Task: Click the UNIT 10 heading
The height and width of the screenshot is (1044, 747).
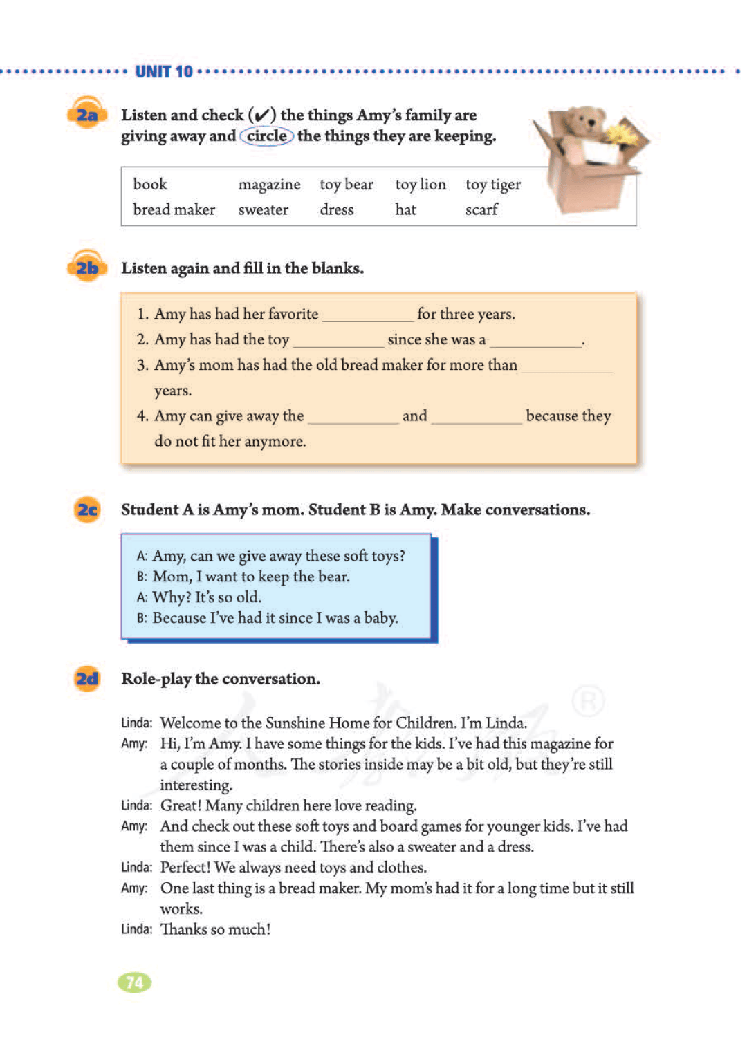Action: point(164,72)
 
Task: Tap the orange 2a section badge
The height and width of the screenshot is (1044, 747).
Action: point(87,115)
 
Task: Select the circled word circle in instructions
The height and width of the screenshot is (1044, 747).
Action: point(267,136)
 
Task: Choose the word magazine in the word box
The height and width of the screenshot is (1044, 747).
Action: point(269,185)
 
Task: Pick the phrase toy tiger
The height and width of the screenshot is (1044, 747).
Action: point(492,185)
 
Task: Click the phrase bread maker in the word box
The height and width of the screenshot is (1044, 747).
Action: point(174,209)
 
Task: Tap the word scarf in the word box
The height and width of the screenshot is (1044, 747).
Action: point(481,209)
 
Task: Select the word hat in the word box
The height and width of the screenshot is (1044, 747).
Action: point(405,209)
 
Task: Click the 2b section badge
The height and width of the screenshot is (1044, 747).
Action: point(87,268)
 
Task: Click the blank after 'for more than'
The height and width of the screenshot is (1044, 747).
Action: point(566,367)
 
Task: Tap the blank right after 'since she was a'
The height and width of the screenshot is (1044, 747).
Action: point(535,342)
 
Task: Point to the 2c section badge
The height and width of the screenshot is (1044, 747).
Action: point(87,510)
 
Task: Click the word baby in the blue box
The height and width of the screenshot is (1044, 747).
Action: point(380,618)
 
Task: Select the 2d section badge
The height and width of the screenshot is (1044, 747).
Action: point(87,679)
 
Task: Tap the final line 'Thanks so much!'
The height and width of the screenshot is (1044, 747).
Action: point(215,930)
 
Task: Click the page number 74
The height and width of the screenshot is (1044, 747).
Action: point(135,982)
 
